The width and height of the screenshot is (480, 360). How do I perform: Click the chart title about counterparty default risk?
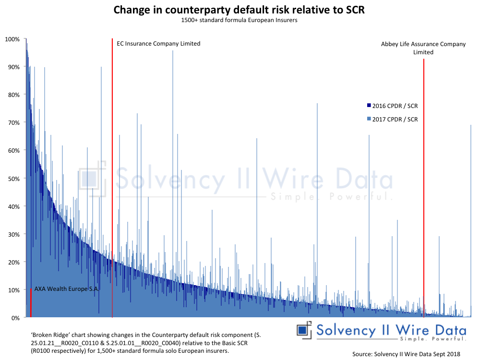[239, 10]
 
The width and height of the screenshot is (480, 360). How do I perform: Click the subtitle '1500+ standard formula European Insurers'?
[239, 20]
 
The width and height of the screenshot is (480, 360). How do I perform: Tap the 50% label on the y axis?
[13, 179]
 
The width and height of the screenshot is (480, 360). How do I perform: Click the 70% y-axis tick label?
[13, 122]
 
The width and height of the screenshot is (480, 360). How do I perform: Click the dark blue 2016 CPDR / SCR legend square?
[369, 106]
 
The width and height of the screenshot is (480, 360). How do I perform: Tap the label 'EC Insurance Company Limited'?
[158, 44]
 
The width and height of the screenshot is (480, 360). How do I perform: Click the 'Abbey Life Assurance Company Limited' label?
[423, 48]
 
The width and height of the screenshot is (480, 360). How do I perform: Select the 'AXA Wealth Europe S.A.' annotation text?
[66, 289]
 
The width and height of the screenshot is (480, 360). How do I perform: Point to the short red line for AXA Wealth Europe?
[31, 303]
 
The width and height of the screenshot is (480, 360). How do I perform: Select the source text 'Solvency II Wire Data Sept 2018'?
[406, 354]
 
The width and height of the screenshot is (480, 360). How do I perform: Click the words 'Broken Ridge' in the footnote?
[46, 334]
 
